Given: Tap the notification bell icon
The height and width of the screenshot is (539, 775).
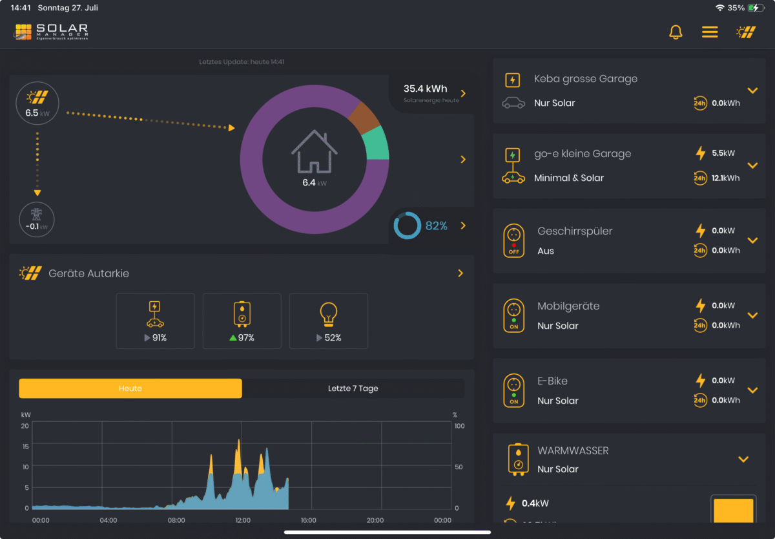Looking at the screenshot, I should pos(676,32).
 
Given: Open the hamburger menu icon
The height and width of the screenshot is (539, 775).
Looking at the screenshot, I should pos(710,32).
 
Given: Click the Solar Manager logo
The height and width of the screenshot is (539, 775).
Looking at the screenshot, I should pos(52,32).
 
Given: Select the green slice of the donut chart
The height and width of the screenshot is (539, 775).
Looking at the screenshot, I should pos(377,143).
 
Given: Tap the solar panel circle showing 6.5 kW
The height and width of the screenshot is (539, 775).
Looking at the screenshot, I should pos(37,103).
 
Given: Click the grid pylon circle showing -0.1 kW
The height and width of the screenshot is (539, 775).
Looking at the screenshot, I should pos(37,219).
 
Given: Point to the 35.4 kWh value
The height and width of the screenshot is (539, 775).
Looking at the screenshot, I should pos(425,89).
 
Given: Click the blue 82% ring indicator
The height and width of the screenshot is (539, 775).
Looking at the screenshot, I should pos(408,226).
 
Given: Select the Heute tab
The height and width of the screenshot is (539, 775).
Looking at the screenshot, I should pos(130,388).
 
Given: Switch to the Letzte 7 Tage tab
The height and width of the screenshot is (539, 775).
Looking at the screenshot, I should pos(353,388).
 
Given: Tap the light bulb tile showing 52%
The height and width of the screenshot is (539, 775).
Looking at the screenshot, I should pos(329,321).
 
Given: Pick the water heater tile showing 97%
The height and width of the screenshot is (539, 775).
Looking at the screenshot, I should pos(242,321).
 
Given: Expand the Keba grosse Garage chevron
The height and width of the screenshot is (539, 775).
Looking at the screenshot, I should pos(752,90).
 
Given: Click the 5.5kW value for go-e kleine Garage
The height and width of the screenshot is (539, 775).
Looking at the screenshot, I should pos(723,153).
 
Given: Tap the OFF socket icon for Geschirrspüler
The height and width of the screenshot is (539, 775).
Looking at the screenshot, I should pos(514,240).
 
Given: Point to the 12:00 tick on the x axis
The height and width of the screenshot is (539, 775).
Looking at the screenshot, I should pos(243,520).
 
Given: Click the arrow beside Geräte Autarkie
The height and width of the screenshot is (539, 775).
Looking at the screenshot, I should pos(460,273).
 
